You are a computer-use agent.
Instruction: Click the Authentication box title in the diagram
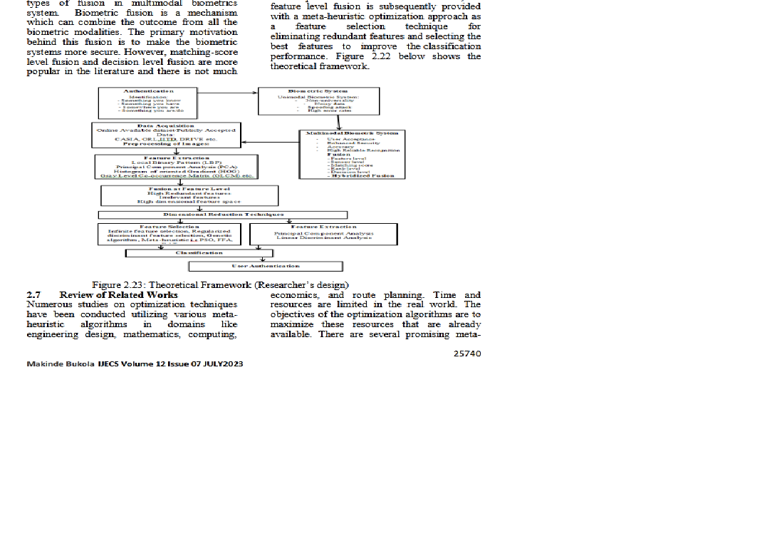[x=147, y=91]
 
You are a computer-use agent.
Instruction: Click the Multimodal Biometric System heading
[x=352, y=133]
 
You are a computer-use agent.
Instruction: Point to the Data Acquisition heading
[x=165, y=126]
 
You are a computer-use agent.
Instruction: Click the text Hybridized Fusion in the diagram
[x=363, y=176]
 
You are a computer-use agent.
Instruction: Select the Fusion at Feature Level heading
[x=189, y=189]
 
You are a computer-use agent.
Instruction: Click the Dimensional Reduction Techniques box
[x=223, y=215]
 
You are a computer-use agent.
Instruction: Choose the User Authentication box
[x=265, y=266]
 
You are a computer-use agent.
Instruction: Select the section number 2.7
[x=33, y=294]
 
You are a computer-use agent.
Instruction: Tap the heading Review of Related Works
[x=118, y=294]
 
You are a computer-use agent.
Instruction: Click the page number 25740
[x=466, y=353]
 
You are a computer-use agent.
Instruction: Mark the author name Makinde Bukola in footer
[x=55, y=364]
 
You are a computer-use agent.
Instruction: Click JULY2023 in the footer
[x=221, y=364]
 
